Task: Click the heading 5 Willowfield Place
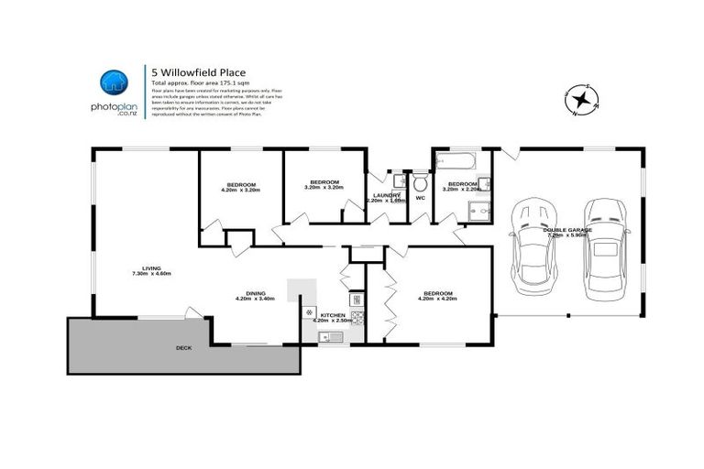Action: click(x=199, y=72)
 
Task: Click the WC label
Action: click(x=421, y=197)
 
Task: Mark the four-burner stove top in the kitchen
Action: click(x=356, y=318)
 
